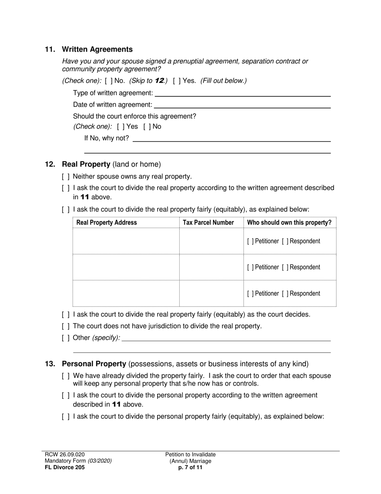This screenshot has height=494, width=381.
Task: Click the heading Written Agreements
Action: (x=97, y=49)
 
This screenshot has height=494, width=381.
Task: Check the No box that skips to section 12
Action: (x=108, y=81)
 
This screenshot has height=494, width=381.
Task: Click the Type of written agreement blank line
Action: (x=242, y=94)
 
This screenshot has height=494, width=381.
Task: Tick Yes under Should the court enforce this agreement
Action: (x=121, y=127)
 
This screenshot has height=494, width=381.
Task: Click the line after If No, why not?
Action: (x=231, y=139)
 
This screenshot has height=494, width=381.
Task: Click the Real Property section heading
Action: (x=86, y=164)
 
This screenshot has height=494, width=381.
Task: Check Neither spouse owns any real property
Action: (x=66, y=176)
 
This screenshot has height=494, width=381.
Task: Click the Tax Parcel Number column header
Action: (x=208, y=223)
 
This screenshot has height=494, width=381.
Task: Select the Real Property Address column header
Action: (x=106, y=223)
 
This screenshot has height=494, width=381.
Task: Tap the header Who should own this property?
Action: (x=289, y=223)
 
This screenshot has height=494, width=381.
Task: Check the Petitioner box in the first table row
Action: (x=250, y=241)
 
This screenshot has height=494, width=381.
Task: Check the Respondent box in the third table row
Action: (x=285, y=294)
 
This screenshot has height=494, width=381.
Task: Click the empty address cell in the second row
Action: (x=126, y=267)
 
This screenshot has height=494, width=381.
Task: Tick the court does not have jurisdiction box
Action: (x=66, y=326)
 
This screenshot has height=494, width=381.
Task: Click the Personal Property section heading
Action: (x=94, y=364)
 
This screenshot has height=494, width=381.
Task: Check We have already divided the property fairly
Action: (x=66, y=376)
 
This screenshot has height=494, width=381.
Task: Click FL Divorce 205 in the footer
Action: (x=65, y=467)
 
